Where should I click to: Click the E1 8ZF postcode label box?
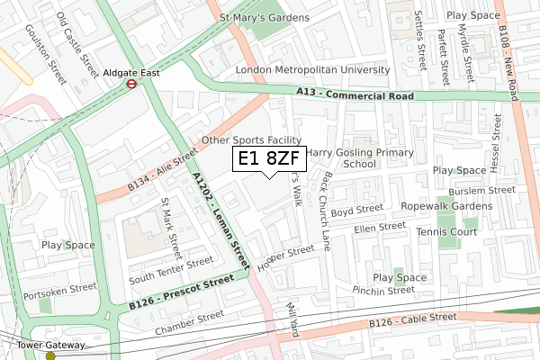tap(269, 158)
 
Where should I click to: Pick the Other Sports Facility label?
tap(251, 140)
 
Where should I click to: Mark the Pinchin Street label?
tap(383, 290)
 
